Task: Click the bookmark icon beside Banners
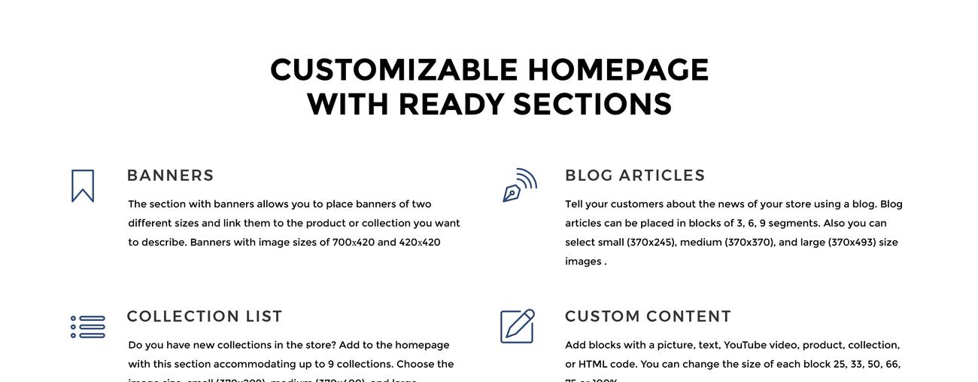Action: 83,185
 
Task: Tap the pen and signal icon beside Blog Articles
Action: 519,185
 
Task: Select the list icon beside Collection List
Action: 88,327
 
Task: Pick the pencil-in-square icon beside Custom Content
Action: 518,326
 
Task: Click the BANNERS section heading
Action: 170,176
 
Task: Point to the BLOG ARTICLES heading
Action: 635,176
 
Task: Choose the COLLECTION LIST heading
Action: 205,316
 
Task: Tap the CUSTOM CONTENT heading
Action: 648,316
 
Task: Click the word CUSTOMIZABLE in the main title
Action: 394,70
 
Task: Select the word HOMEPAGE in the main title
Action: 618,70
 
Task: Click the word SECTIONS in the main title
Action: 592,105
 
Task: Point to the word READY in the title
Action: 451,105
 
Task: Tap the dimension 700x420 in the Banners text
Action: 354,243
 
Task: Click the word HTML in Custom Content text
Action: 593,365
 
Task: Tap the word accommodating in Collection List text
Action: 254,365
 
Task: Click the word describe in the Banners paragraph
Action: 162,243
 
